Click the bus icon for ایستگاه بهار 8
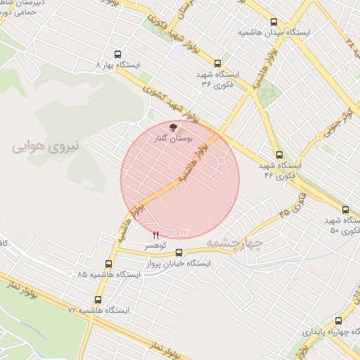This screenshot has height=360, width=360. [117, 53]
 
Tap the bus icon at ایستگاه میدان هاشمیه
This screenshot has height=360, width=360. [274, 22]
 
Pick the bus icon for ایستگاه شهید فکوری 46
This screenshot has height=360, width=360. [279, 155]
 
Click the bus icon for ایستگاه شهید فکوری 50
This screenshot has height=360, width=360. [345, 210]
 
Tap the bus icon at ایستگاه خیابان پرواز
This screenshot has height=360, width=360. [179, 252]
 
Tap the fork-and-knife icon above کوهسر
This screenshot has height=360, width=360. [156, 234]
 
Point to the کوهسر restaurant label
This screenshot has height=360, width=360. [155, 246]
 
